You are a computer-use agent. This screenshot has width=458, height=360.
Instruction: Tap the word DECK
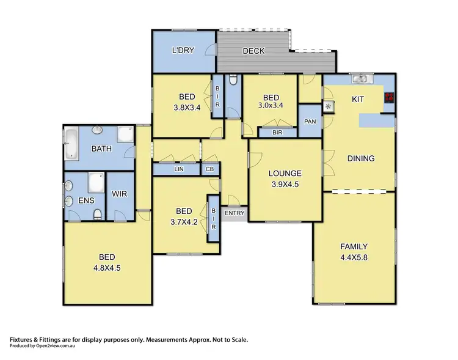click(253, 51)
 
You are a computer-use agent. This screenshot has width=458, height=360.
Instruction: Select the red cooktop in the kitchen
click(388, 97)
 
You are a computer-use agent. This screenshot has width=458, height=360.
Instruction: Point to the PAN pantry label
click(310, 121)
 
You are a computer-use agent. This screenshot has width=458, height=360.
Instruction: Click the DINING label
click(360, 158)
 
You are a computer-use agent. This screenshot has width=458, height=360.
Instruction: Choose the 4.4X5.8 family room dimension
click(354, 257)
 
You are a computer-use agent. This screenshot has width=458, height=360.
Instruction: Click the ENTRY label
click(234, 213)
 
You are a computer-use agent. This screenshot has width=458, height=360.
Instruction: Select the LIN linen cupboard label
click(178, 169)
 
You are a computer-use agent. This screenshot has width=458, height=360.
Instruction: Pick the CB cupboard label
click(209, 169)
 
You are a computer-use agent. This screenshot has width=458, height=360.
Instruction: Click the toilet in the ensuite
click(98, 214)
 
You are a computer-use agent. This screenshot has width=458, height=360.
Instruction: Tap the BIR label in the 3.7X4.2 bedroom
click(214, 217)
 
